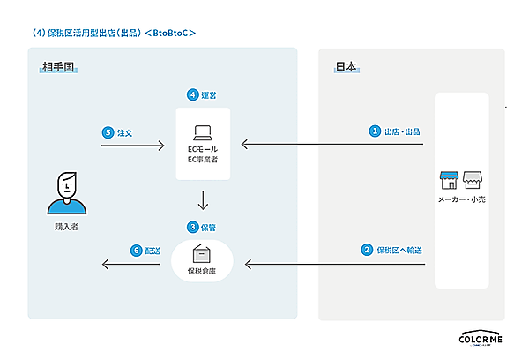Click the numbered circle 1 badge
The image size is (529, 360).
coord(374,131)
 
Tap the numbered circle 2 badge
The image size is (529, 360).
coord(367,249)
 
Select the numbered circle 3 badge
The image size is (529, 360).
coord(192,228)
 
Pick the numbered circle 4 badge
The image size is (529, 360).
coord(192,94)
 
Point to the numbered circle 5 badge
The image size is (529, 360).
coord(108,132)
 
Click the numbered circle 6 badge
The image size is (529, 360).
coord(135,250)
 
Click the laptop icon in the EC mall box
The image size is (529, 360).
coord(203,134)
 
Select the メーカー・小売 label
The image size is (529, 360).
coord(461,200)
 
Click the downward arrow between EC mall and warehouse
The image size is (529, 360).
coord(203,199)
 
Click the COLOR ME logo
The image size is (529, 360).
coord(482,339)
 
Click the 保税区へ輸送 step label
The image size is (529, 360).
coord(399,250)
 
